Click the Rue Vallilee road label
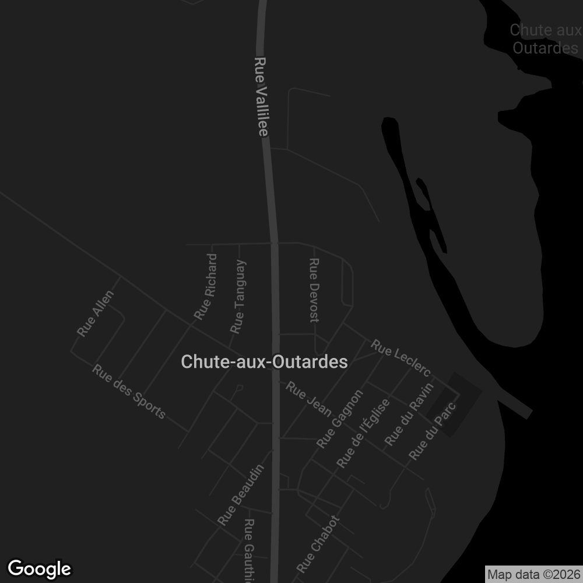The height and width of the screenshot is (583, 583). pos(262,97)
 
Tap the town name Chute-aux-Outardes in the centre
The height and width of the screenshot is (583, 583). pos(264,362)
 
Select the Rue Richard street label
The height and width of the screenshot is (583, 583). pos(205,287)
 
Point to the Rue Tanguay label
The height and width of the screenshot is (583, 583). pos(238,297)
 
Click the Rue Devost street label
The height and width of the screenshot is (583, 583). pos(314,290)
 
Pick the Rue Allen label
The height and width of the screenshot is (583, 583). pos(96,314)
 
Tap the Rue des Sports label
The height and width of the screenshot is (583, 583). pos(129,392)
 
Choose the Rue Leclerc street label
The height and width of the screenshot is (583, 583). pos(401,358)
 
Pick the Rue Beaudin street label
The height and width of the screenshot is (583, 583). pos(241,495)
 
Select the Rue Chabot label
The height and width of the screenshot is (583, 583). pos(318,543)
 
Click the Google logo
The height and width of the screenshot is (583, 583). pos(40,568)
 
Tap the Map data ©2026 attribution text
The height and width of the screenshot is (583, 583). pos(533,574)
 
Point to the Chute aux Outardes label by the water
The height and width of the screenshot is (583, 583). pos(545,38)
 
